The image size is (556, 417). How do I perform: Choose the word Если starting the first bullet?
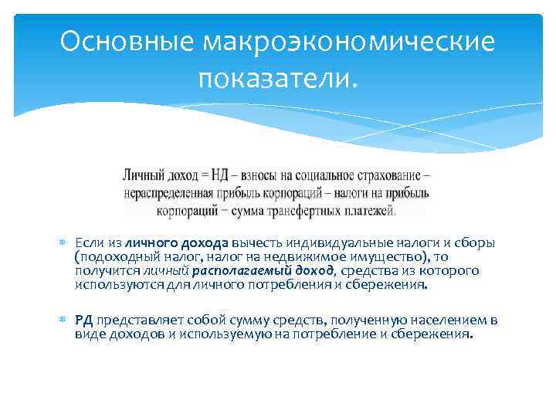[x=86, y=244]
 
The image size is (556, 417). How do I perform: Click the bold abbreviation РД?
[x=83, y=320]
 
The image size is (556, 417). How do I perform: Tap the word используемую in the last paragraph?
[x=229, y=334]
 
